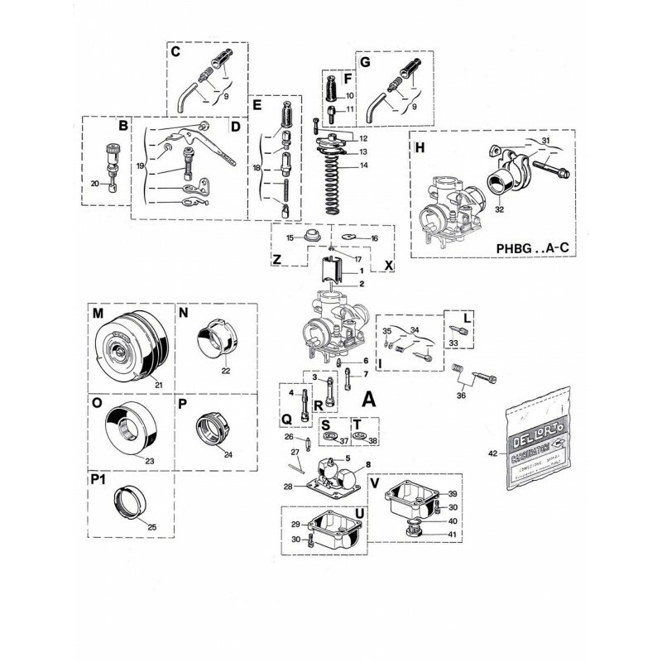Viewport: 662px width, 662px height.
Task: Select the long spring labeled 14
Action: [x=334, y=196]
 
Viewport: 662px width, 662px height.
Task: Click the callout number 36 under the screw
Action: [x=461, y=394]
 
